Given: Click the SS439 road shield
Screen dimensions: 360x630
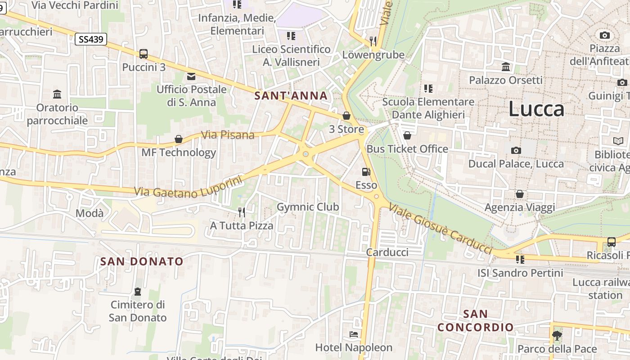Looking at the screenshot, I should click(x=91, y=39).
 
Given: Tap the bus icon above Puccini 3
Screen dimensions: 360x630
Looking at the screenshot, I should click(x=144, y=54).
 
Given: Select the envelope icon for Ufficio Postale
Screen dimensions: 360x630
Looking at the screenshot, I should click(x=191, y=76).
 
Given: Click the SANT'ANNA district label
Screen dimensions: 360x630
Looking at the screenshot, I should click(x=291, y=95).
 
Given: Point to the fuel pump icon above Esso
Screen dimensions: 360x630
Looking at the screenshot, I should click(x=366, y=171).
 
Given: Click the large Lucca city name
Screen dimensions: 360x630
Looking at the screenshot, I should click(x=536, y=109).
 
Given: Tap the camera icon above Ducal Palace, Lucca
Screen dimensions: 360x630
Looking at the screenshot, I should click(x=516, y=150).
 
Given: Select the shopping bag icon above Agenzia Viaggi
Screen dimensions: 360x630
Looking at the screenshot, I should click(x=520, y=194).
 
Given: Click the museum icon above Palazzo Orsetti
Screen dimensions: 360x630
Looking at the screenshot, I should click(x=506, y=67).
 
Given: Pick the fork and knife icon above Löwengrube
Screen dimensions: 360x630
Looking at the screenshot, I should click(x=373, y=41).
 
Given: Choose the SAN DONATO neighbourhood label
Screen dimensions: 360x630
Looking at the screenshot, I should click(x=142, y=261).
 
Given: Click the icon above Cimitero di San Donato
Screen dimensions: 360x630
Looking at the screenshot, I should click(x=138, y=292).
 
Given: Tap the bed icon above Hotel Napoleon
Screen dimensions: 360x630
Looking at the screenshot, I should click(x=354, y=334).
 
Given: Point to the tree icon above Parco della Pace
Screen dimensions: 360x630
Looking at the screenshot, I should click(x=557, y=335).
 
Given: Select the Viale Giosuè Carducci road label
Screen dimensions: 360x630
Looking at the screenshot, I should click(x=441, y=228).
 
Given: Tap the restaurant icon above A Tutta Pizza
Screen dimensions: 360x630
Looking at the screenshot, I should click(x=242, y=212).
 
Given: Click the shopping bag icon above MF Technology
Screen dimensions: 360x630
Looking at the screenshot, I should click(x=179, y=139).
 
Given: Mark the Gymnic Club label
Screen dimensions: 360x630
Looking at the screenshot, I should click(x=308, y=207).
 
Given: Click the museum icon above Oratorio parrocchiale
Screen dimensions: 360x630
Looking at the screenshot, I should click(x=57, y=94).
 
